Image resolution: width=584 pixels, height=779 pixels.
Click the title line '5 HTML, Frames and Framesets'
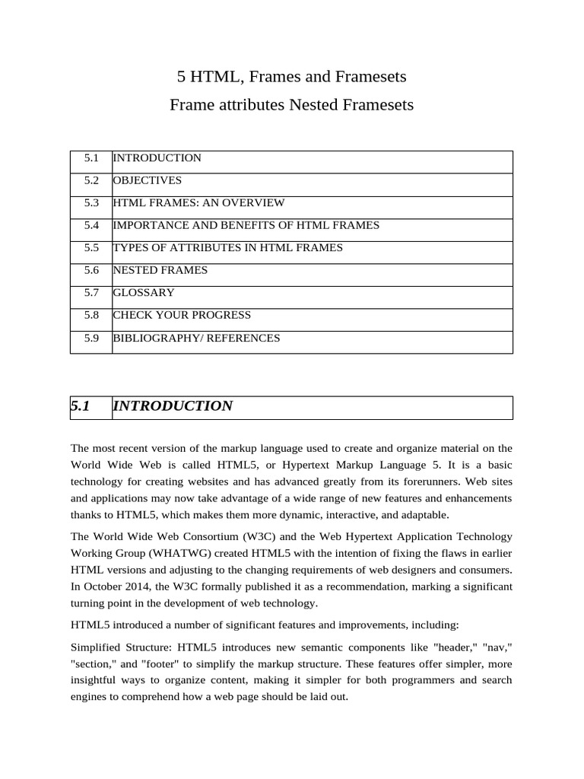pyautogui.click(x=291, y=77)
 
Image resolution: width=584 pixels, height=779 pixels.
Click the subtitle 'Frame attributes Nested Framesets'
pyautogui.click(x=291, y=105)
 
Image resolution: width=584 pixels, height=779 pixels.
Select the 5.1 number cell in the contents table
pyautogui.click(x=92, y=158)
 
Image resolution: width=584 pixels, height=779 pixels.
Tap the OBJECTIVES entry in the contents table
pyautogui.click(x=148, y=180)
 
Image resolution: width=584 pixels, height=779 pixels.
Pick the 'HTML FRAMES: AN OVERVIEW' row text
pyautogui.click(x=198, y=203)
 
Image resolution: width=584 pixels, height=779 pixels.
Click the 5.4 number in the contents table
pyautogui.click(x=92, y=225)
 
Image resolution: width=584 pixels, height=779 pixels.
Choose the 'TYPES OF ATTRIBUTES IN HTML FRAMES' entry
pyautogui.click(x=227, y=248)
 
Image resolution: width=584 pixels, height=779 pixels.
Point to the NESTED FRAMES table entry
pyautogui.click(x=160, y=270)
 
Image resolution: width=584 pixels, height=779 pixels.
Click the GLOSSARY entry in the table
pyautogui.click(x=144, y=293)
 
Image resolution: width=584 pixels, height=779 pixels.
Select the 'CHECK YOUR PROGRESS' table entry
pyautogui.click(x=182, y=315)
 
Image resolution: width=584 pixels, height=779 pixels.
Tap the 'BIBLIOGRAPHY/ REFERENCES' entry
pyautogui.click(x=196, y=338)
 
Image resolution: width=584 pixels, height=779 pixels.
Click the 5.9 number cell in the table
pyautogui.click(x=92, y=338)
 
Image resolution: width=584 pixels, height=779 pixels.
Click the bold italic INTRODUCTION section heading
pyautogui.click(x=173, y=406)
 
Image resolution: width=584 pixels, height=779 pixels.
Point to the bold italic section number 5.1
pyautogui.click(x=81, y=406)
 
